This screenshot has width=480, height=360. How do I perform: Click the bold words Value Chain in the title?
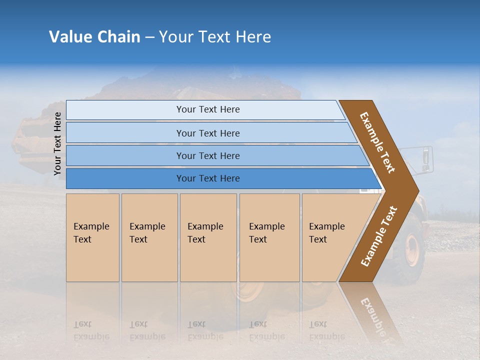(94, 37)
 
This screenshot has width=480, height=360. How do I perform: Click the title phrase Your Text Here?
(215, 37)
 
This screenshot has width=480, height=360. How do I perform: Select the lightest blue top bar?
(125, 110)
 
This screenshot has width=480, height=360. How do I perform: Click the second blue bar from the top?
(125, 133)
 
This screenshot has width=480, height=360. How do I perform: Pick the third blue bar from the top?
(125, 155)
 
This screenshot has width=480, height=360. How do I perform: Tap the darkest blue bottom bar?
(125, 178)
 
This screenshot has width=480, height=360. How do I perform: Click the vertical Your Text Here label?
(57, 143)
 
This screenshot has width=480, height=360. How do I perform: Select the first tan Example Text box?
(92, 238)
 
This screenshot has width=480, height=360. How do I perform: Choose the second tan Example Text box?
(149, 238)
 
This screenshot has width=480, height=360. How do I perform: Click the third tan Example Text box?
(208, 238)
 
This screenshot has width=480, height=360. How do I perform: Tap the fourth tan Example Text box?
(269, 238)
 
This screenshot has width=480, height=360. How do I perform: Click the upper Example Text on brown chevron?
(377, 142)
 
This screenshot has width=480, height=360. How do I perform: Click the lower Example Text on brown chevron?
(379, 236)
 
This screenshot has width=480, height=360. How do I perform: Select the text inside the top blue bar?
(208, 109)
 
